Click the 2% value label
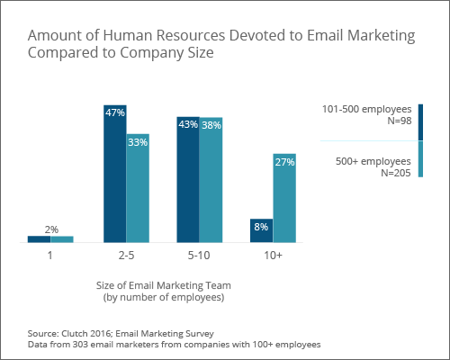(x=51, y=229)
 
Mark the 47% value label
(x=115, y=113)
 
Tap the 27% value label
(x=284, y=162)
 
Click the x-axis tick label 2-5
(x=126, y=256)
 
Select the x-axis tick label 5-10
(x=200, y=256)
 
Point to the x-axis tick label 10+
(x=273, y=256)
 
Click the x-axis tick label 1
(x=51, y=256)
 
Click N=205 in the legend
(x=394, y=173)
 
